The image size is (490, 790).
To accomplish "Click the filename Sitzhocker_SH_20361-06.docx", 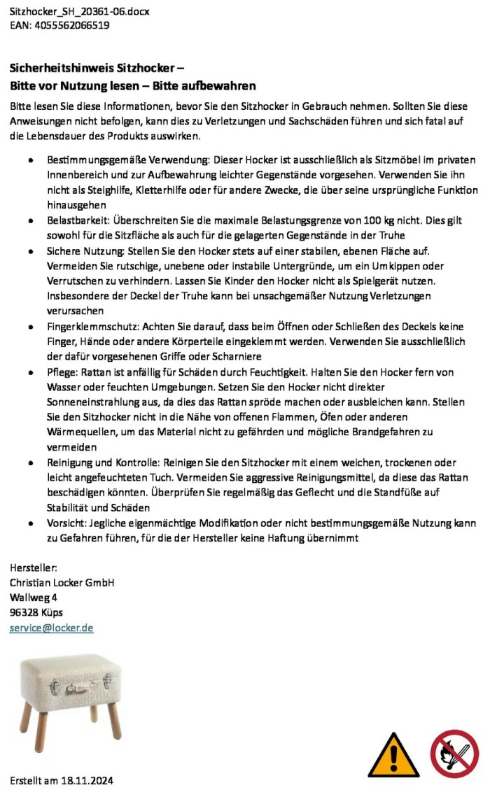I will [x=79, y=12].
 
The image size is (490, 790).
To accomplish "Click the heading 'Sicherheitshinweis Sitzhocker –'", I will [x=97, y=69].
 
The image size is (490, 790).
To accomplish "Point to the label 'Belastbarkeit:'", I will [x=76, y=220].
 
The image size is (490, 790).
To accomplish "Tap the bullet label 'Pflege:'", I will [x=62, y=372].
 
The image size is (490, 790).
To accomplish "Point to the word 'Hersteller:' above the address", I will [x=34, y=567].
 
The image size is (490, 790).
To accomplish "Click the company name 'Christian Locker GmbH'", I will [x=62, y=582].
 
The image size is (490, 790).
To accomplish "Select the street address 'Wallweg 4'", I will [x=33, y=598].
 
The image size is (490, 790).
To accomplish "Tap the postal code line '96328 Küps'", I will [x=36, y=612].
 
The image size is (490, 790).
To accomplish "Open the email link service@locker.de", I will [x=51, y=628].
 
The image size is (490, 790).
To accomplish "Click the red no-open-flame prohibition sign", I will [x=454, y=754].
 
